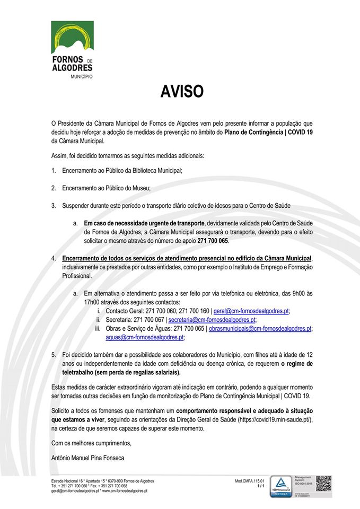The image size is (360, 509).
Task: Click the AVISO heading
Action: pos(182,92)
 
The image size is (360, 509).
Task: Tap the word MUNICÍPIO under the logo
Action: pos(82,76)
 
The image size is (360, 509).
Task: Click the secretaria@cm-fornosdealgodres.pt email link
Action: pos(212,320)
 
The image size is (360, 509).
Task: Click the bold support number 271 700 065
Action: pos(212,241)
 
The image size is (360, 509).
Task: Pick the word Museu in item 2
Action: pos(142,188)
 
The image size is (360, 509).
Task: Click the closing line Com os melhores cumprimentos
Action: pos(91,443)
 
